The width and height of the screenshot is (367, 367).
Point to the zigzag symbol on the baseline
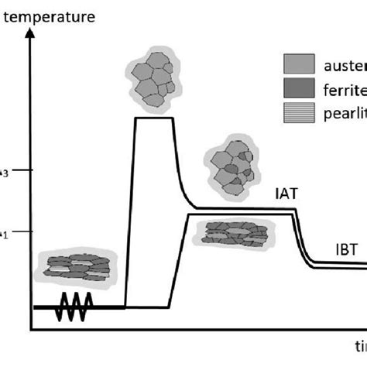click(75, 307)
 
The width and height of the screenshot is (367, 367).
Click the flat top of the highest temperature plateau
click(154, 118)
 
